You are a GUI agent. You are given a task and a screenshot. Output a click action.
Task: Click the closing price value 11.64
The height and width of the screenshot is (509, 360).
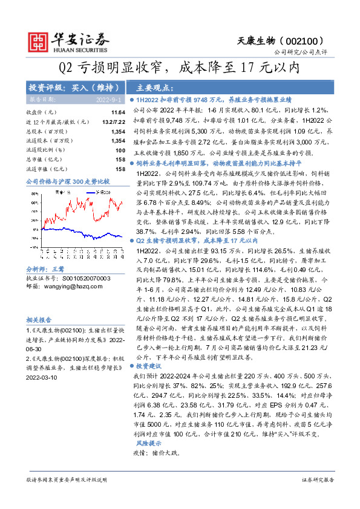pyautogui.click(x=118, y=112)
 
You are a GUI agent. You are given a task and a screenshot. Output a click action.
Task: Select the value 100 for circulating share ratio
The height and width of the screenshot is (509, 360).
pyautogui.click(x=120, y=149)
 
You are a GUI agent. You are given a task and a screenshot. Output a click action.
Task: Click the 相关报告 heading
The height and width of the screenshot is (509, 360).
pyautogui.click(x=39, y=319)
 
